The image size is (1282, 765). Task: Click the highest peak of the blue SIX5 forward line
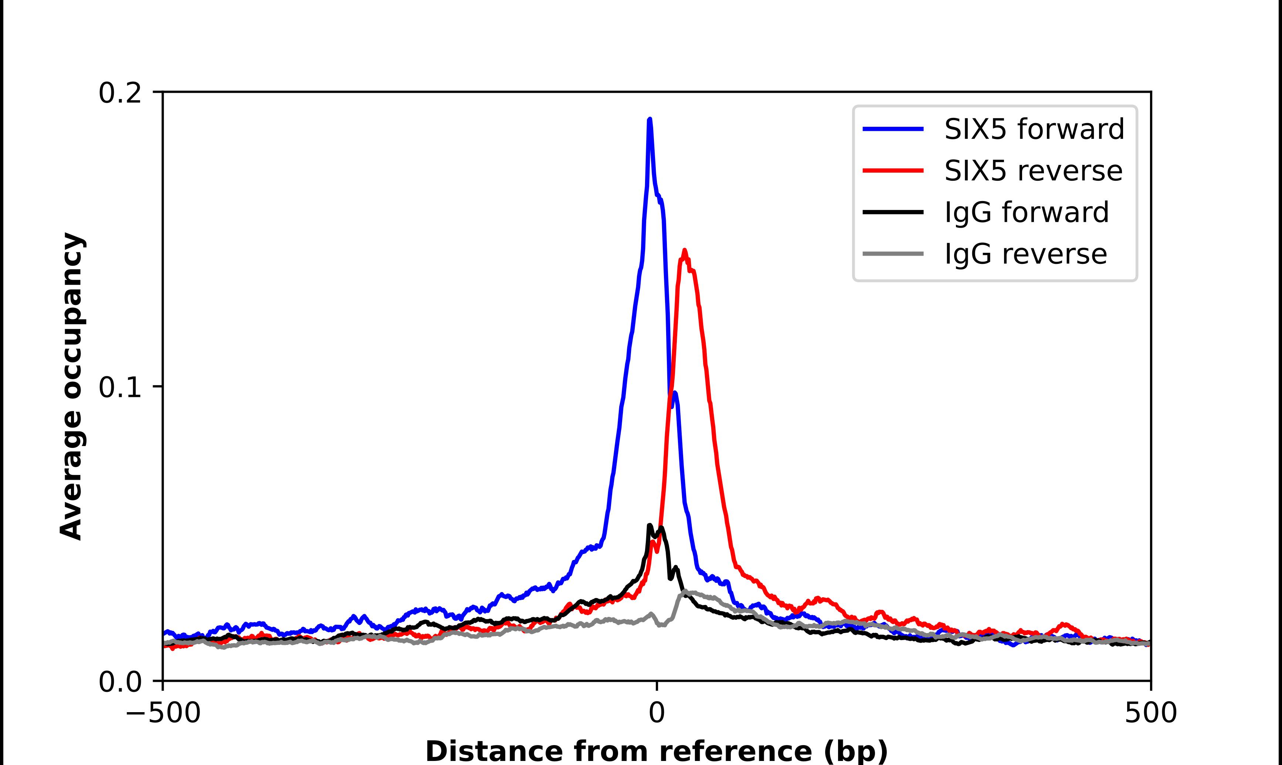click(650, 120)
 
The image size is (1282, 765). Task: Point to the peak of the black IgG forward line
click(650, 526)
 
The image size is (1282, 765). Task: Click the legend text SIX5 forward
click(1034, 129)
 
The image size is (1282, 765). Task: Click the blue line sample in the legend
click(893, 129)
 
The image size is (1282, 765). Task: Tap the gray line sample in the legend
click(893, 254)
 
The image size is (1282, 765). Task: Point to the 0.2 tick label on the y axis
click(120, 93)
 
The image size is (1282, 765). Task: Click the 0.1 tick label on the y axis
click(120, 388)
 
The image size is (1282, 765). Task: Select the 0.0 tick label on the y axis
click(120, 682)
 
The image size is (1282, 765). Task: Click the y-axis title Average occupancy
click(71, 387)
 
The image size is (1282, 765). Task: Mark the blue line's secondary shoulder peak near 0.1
click(674, 393)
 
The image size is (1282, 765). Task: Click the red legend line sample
click(893, 171)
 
